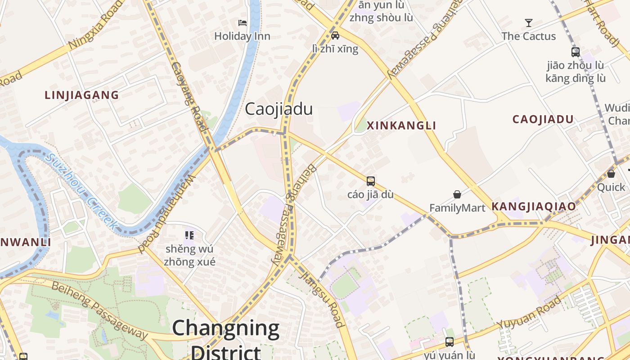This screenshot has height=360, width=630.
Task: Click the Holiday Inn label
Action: [x=242, y=36]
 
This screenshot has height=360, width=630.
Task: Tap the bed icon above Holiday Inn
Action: [x=243, y=22]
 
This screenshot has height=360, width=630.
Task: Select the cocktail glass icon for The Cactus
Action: [x=529, y=22]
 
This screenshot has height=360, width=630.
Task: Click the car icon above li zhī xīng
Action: [x=335, y=35]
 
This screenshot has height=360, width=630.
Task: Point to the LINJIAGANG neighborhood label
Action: [x=82, y=95]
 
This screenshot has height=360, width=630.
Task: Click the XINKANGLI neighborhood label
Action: [x=401, y=126]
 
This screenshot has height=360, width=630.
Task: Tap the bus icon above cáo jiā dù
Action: [x=371, y=181]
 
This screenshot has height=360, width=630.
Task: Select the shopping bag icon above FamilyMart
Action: [x=457, y=194]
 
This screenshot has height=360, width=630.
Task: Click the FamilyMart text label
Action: [x=457, y=208]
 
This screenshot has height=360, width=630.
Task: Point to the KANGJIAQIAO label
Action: [x=534, y=207]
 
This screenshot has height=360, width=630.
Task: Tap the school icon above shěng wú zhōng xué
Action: [x=189, y=235]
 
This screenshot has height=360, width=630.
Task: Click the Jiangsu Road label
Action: [x=322, y=298]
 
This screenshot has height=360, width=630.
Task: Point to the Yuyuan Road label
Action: [x=529, y=312]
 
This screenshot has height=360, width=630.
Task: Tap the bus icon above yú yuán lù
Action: [x=449, y=342]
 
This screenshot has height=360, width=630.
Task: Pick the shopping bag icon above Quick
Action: [x=611, y=174]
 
